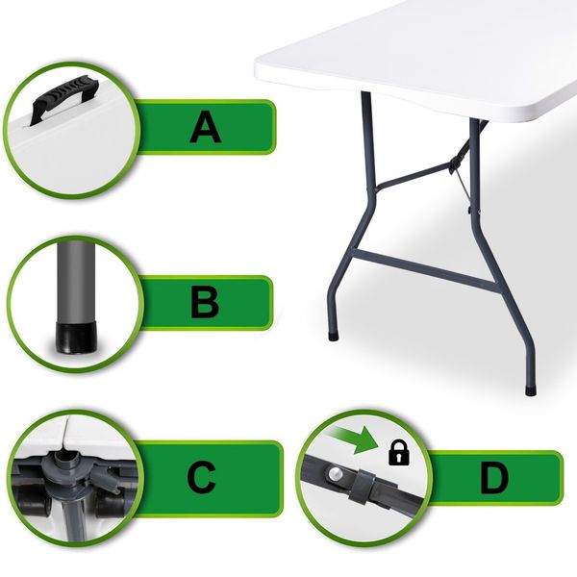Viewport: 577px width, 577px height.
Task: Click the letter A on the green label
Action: tap(206, 127)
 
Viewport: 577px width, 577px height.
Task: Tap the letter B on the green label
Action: tap(205, 303)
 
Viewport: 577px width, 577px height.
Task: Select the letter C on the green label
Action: tap(201, 478)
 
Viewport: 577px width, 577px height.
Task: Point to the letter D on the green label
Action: tap(494, 478)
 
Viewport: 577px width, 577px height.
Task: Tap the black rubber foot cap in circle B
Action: tap(77, 338)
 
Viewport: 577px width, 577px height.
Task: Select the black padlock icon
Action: tap(399, 453)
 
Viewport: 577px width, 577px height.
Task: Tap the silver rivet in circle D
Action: tap(336, 473)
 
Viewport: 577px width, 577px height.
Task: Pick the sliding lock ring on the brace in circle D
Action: tap(363, 488)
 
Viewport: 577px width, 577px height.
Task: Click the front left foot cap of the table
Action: tap(334, 337)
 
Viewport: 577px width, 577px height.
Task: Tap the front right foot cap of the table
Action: tap(531, 389)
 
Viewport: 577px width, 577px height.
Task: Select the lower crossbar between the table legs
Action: tap(424, 269)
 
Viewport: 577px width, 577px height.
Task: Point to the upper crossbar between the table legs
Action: tap(414, 176)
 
